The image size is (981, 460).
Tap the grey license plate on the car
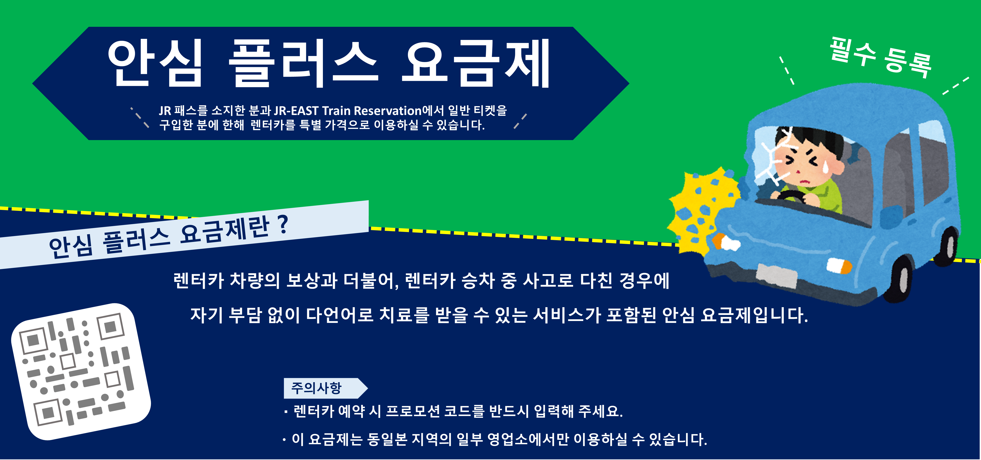point(777,275)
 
